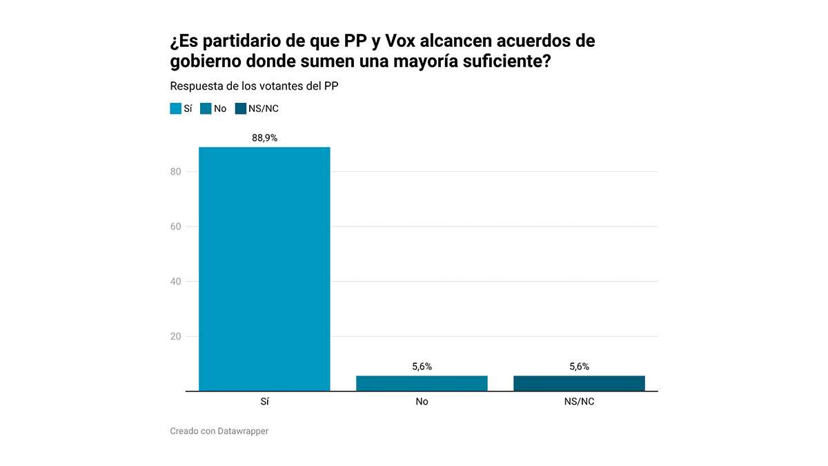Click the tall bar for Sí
[x=264, y=269]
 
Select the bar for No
[x=422, y=383]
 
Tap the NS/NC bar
[x=579, y=383]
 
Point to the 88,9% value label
[x=264, y=138]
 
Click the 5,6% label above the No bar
[x=422, y=367]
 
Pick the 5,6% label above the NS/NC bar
[x=579, y=367]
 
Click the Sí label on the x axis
[x=264, y=402]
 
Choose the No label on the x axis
[x=422, y=402]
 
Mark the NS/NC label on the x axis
[x=579, y=402]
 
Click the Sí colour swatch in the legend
[x=175, y=108]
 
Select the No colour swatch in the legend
[x=206, y=108]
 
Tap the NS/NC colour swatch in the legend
[x=240, y=108]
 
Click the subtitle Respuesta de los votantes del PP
[x=254, y=86]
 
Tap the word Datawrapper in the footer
[x=243, y=431]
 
